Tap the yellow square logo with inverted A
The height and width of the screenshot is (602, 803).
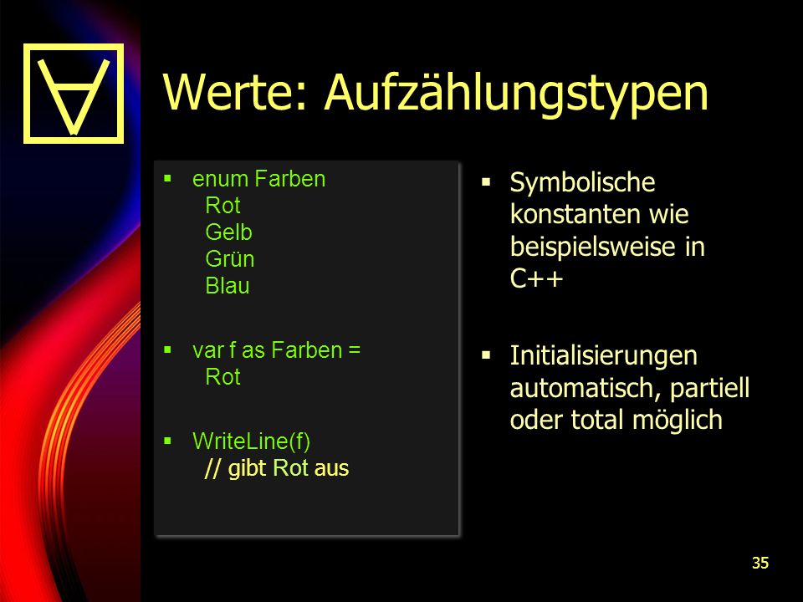[74, 93]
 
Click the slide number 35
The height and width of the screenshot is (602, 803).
[760, 563]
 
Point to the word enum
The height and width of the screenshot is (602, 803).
[220, 179]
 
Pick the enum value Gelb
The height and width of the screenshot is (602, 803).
[228, 232]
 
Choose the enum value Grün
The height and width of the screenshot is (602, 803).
[229, 259]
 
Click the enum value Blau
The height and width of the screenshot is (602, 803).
[227, 286]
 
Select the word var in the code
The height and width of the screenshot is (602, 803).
[208, 350]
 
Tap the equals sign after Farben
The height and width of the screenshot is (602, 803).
[354, 350]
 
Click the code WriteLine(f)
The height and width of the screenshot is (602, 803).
[251, 441]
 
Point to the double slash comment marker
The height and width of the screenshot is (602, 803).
[212, 468]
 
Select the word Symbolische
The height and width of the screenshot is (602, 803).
[582, 183]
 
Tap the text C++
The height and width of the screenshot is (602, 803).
[536, 279]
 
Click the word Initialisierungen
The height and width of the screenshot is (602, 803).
[603, 356]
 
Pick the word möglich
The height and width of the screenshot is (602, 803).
[677, 421]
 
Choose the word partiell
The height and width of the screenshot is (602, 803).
[709, 389]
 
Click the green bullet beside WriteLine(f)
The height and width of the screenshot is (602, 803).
[167, 441]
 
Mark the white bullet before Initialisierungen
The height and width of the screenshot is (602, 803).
[486, 355]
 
